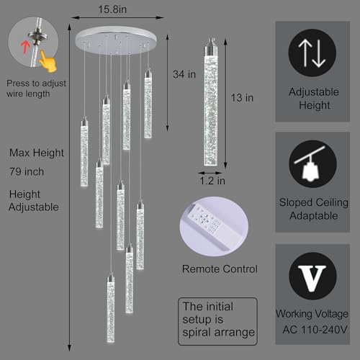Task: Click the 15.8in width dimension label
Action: click(x=112, y=9)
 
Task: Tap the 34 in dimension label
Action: click(x=184, y=74)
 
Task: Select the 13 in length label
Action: click(x=242, y=98)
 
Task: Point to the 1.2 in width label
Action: click(x=212, y=181)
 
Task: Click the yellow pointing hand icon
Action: click(x=48, y=61)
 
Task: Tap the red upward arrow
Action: click(x=24, y=47)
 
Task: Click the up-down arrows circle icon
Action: click(x=312, y=53)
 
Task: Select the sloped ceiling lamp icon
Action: click(x=312, y=164)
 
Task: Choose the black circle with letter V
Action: click(x=312, y=276)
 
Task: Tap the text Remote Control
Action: click(x=220, y=269)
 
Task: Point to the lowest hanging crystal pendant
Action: click(x=111, y=308)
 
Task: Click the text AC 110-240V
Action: click(x=315, y=330)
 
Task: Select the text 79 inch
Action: click(x=27, y=172)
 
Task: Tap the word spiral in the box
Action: click(x=197, y=333)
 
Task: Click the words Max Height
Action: click(x=37, y=153)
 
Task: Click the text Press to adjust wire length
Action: click(x=36, y=89)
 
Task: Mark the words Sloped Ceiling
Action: click(x=314, y=202)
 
